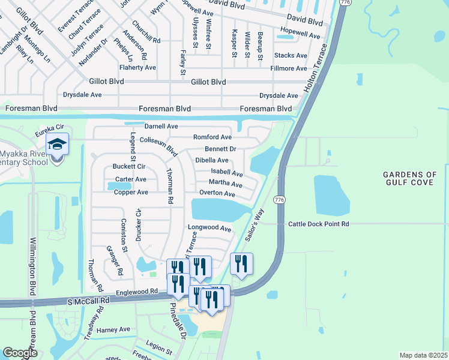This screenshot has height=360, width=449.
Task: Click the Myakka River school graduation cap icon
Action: click(x=58, y=145)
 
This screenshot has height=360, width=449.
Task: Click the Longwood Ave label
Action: click(x=209, y=229)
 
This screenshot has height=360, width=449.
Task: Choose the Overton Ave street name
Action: click(x=217, y=193)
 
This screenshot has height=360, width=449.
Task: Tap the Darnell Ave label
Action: click(x=161, y=127)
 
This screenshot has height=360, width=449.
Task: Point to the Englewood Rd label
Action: click(x=137, y=292)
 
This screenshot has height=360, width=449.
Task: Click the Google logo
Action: click(x=20, y=353)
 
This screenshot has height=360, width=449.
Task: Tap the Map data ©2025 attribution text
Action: click(x=423, y=355)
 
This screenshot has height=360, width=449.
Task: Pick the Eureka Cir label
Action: click(x=48, y=127)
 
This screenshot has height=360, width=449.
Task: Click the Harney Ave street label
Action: click(x=113, y=329)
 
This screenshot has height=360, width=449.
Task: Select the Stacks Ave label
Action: click(x=290, y=55)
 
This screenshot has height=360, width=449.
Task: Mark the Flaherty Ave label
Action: click(x=137, y=68)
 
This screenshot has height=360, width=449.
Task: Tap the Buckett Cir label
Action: click(x=129, y=166)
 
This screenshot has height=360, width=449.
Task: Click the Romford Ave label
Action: click(x=212, y=137)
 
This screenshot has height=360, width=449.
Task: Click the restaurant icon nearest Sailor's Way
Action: click(x=241, y=263)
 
